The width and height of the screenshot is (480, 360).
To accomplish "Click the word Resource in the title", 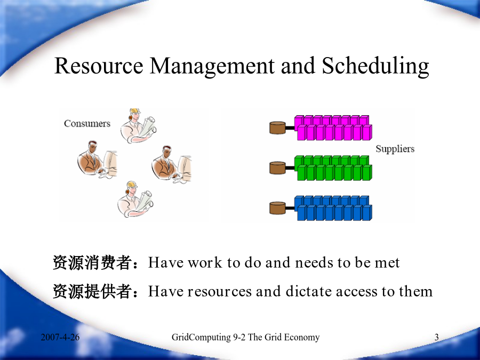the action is [99, 66].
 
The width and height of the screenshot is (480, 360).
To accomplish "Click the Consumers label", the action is [87, 123].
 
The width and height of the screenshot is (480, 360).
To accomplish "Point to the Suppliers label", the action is [395, 149].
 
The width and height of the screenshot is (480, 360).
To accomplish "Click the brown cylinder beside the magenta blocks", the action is [278, 127].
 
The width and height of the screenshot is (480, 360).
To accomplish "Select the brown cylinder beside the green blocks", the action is [278, 168].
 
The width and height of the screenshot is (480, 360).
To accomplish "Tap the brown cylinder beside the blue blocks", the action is [278, 208].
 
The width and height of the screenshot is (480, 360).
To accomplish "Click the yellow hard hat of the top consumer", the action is [135, 111].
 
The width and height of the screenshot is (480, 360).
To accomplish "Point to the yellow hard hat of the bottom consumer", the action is [132, 183].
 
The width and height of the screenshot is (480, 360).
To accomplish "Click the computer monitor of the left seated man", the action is [111, 162].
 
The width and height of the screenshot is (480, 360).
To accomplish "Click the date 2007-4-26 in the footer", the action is [60, 337].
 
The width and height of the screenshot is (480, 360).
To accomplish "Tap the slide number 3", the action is [436, 337].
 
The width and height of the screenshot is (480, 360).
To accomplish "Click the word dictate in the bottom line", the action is [309, 291].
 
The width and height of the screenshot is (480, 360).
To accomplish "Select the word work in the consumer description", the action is [205, 262].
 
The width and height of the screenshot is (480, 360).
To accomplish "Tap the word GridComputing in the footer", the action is [201, 338].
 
